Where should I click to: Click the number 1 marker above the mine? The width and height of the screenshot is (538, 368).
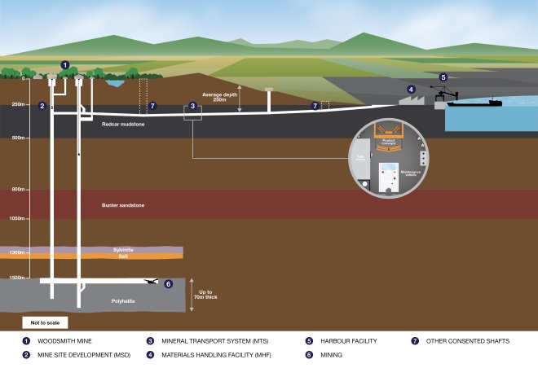(x=66, y=65)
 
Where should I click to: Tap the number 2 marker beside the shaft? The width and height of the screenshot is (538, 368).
(x=42, y=106)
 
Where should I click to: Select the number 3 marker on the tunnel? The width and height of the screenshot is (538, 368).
(x=192, y=106)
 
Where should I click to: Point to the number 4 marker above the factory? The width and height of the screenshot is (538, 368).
(x=411, y=90)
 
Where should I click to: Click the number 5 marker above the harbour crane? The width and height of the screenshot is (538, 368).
(x=443, y=77)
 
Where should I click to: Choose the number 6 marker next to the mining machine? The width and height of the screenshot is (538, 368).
(x=169, y=284)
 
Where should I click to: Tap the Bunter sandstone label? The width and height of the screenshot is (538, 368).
(x=123, y=205)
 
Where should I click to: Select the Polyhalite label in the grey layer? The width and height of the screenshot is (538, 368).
(x=123, y=300)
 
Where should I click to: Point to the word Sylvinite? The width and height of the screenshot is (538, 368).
(x=123, y=248)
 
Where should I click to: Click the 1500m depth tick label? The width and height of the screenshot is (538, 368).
(x=15, y=278)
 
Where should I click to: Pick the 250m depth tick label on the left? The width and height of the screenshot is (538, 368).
(x=15, y=104)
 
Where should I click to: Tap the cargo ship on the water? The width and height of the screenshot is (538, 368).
(x=473, y=103)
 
